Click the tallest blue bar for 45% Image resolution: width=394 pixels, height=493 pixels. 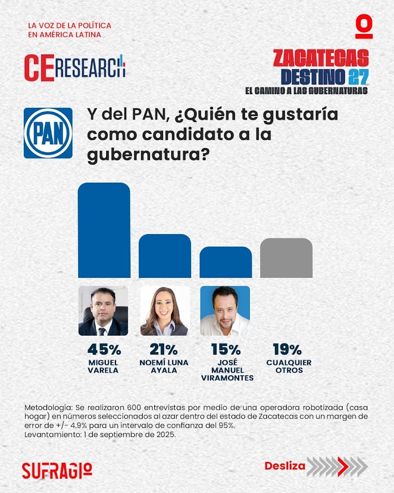(104, 230)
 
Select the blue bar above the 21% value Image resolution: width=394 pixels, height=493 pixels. (165, 256)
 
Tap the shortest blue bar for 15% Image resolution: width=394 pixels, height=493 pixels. (226, 262)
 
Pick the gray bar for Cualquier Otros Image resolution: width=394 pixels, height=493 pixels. (286, 258)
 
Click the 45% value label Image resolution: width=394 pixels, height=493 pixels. (104, 349)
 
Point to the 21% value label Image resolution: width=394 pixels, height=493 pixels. (164, 349)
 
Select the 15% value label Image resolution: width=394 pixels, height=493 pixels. (226, 349)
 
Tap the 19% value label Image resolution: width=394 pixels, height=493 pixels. (288, 349)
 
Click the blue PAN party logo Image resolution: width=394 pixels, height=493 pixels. (48, 133)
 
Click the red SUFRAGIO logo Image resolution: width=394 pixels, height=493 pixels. (57, 469)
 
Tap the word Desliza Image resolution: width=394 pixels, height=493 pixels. (285, 466)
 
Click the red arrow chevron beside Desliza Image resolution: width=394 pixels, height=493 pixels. (342, 467)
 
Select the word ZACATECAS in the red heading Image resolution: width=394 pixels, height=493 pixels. (321, 58)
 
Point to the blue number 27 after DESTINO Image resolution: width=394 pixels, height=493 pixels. (358, 76)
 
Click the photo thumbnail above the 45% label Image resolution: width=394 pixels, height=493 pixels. (103, 311)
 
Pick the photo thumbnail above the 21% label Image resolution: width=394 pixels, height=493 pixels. (164, 311)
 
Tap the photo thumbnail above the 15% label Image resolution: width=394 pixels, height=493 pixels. (225, 311)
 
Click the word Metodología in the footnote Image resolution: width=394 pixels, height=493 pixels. (45, 407)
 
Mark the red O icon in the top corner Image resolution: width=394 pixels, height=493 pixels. (363, 28)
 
